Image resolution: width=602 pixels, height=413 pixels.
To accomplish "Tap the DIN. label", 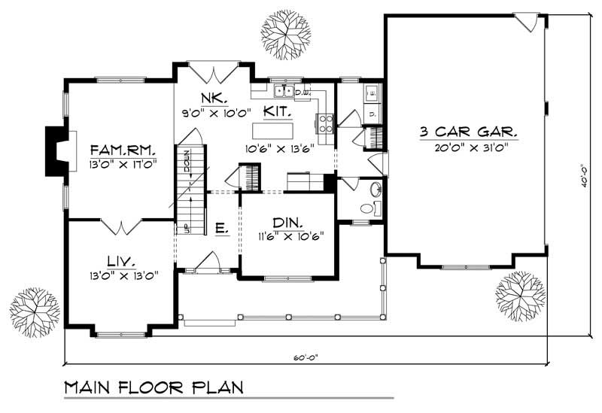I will [x=287, y=223].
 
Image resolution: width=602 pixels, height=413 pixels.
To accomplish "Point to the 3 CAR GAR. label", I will [x=469, y=132].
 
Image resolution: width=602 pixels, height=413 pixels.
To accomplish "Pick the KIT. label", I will [x=278, y=111].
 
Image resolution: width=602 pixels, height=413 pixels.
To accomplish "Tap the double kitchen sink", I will [x=284, y=91].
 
